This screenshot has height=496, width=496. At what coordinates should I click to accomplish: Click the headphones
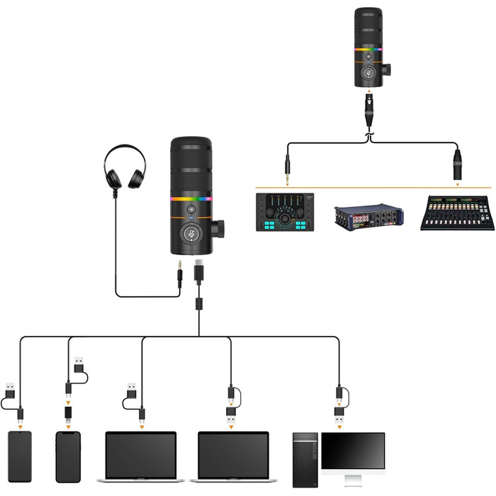[125, 166]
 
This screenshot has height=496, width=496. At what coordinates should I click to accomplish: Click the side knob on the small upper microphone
[385, 70]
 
